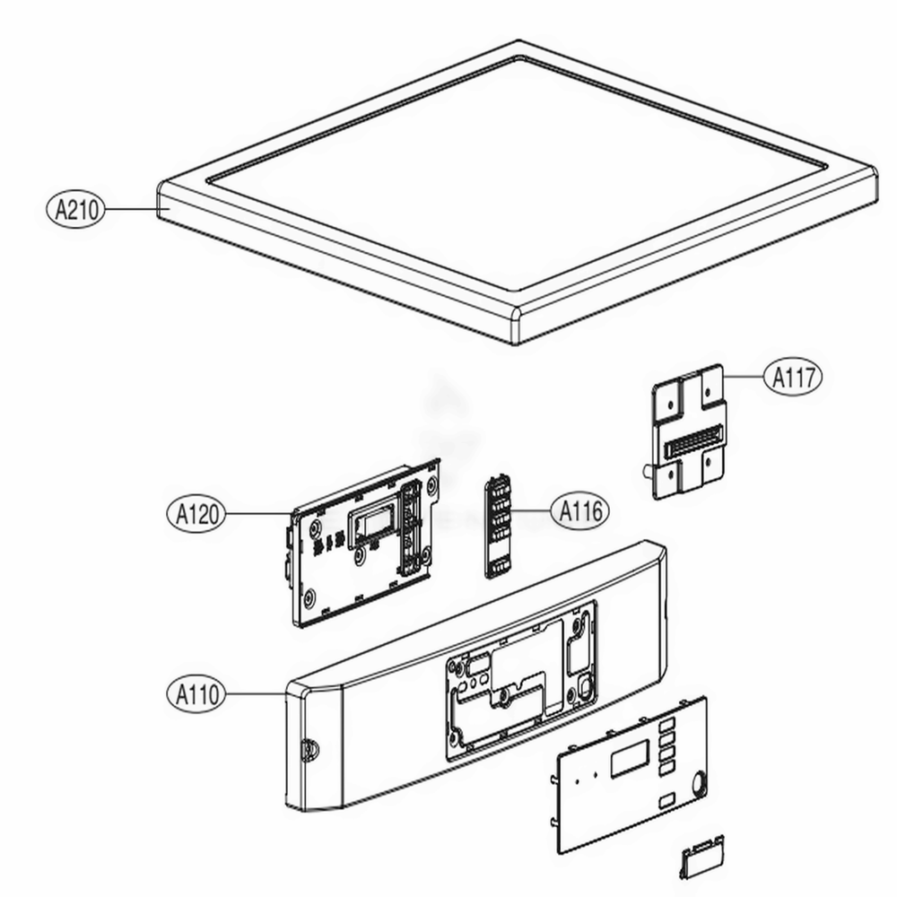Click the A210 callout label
pyautogui.click(x=75, y=210)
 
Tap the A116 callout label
pyautogui.click(x=579, y=511)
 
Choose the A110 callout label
pyautogui.click(x=196, y=693)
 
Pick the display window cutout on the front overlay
pyautogui.click(x=631, y=760)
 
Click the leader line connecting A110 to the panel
pyautogui.click(x=256, y=693)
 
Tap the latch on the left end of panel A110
pyautogui.click(x=309, y=747)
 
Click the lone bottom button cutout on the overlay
pyautogui.click(x=666, y=801)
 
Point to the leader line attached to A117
pyautogui.click(x=744, y=377)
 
